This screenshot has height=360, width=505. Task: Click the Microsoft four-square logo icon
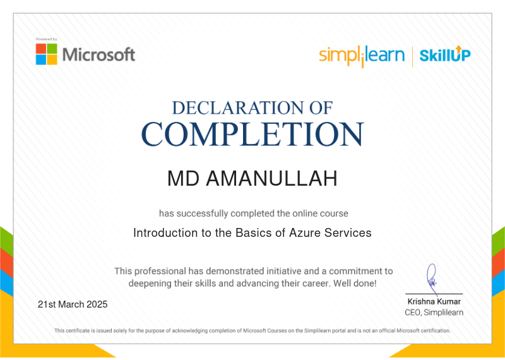46,54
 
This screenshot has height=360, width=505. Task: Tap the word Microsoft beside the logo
98,54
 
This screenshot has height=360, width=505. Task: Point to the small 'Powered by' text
46,39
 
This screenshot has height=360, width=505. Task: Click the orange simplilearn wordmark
362,56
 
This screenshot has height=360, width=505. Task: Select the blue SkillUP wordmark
445,54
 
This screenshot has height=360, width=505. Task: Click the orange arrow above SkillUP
459,49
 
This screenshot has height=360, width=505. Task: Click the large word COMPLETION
253,134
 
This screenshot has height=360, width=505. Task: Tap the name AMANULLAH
271,178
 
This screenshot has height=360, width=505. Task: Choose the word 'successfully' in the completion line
203,213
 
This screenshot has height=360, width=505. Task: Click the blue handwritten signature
432,279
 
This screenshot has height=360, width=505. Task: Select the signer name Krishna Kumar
434,302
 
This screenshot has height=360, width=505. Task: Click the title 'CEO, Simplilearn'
434,312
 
